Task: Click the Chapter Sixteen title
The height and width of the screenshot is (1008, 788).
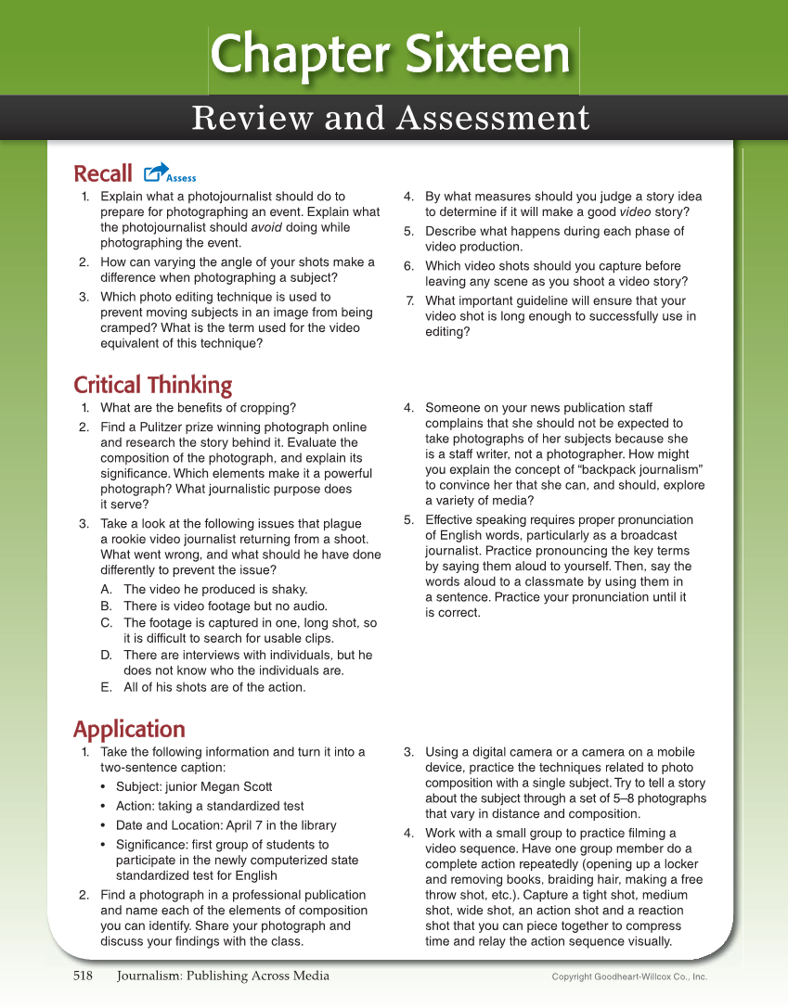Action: coord(391,55)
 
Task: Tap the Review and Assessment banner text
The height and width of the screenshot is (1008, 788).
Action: coord(391,119)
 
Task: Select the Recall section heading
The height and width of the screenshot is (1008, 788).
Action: coord(103,174)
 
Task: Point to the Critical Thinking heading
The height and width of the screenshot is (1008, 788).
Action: coord(152,385)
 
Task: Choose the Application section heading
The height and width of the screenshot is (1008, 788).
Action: coord(129,729)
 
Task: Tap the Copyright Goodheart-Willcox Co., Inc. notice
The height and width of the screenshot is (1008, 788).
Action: coord(629,976)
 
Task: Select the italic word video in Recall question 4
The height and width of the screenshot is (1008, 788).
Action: coord(637,211)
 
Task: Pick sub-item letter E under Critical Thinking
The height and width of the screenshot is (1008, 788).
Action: coord(106,687)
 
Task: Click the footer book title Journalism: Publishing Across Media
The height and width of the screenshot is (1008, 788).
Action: coord(223,976)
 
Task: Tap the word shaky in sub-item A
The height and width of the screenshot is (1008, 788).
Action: coord(288,590)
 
